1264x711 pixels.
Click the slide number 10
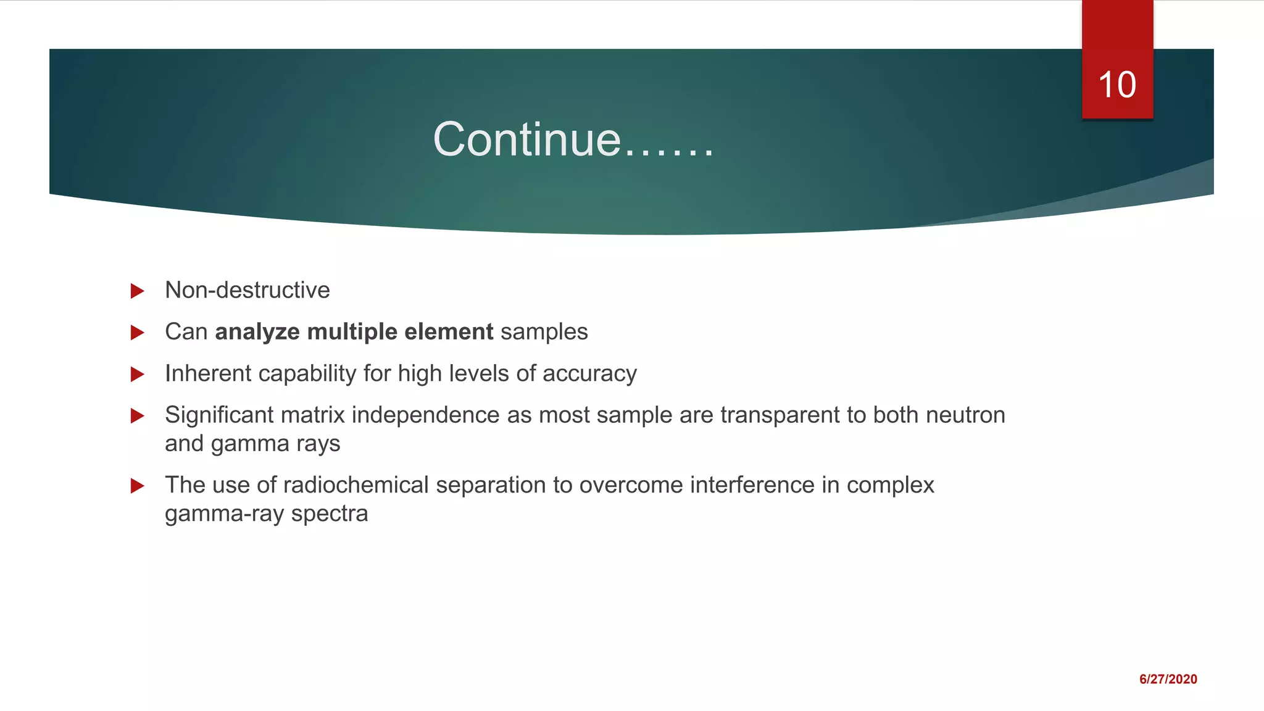pyautogui.click(x=1117, y=85)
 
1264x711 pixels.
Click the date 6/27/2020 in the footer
pyautogui.click(x=1168, y=679)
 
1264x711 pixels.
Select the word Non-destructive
pyautogui.click(x=247, y=290)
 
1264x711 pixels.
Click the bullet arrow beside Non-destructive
pyautogui.click(x=138, y=291)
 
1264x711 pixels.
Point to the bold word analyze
pyautogui.click(x=257, y=332)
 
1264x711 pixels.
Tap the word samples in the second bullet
pyautogui.click(x=544, y=332)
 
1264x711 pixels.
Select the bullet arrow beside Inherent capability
pyautogui.click(x=138, y=374)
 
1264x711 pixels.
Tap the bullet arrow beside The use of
pyautogui.click(x=138, y=486)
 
